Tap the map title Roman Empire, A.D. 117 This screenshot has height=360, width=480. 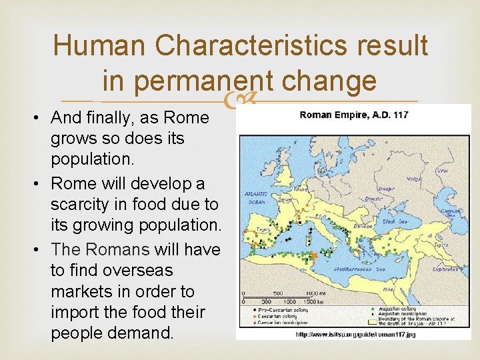coord(353,115)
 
